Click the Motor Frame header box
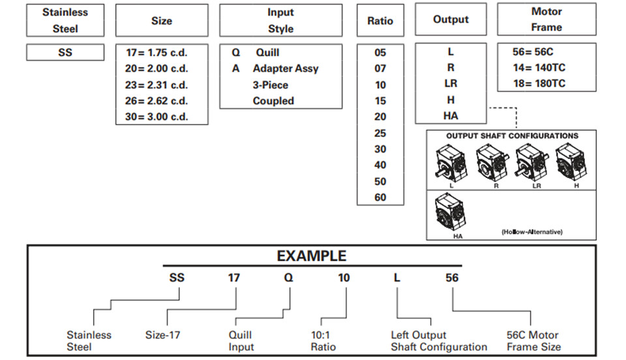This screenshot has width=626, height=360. click(546, 19)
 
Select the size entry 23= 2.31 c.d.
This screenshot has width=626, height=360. click(156, 85)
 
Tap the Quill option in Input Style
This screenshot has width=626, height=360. click(267, 53)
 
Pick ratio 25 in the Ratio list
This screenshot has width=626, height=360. click(380, 133)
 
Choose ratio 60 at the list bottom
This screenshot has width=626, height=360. click(380, 197)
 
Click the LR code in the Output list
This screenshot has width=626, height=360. click(451, 83)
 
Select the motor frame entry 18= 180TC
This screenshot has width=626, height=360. click(539, 83)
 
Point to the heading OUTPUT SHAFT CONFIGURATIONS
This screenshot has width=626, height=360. click(512, 136)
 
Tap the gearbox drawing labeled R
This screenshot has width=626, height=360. click(493, 164)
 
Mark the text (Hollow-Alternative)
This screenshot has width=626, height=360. click(532, 232)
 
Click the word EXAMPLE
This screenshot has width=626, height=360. click(312, 256)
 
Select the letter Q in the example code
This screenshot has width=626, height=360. click(288, 277)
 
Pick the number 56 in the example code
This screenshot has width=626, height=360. click(452, 277)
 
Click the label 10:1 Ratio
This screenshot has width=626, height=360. click(323, 341)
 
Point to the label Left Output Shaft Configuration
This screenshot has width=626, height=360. click(439, 341)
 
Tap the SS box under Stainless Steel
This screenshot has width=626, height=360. click(65, 52)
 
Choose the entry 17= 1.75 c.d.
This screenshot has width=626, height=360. click(156, 53)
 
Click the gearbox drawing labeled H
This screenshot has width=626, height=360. click(572, 163)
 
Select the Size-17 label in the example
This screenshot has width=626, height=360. click(162, 335)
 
